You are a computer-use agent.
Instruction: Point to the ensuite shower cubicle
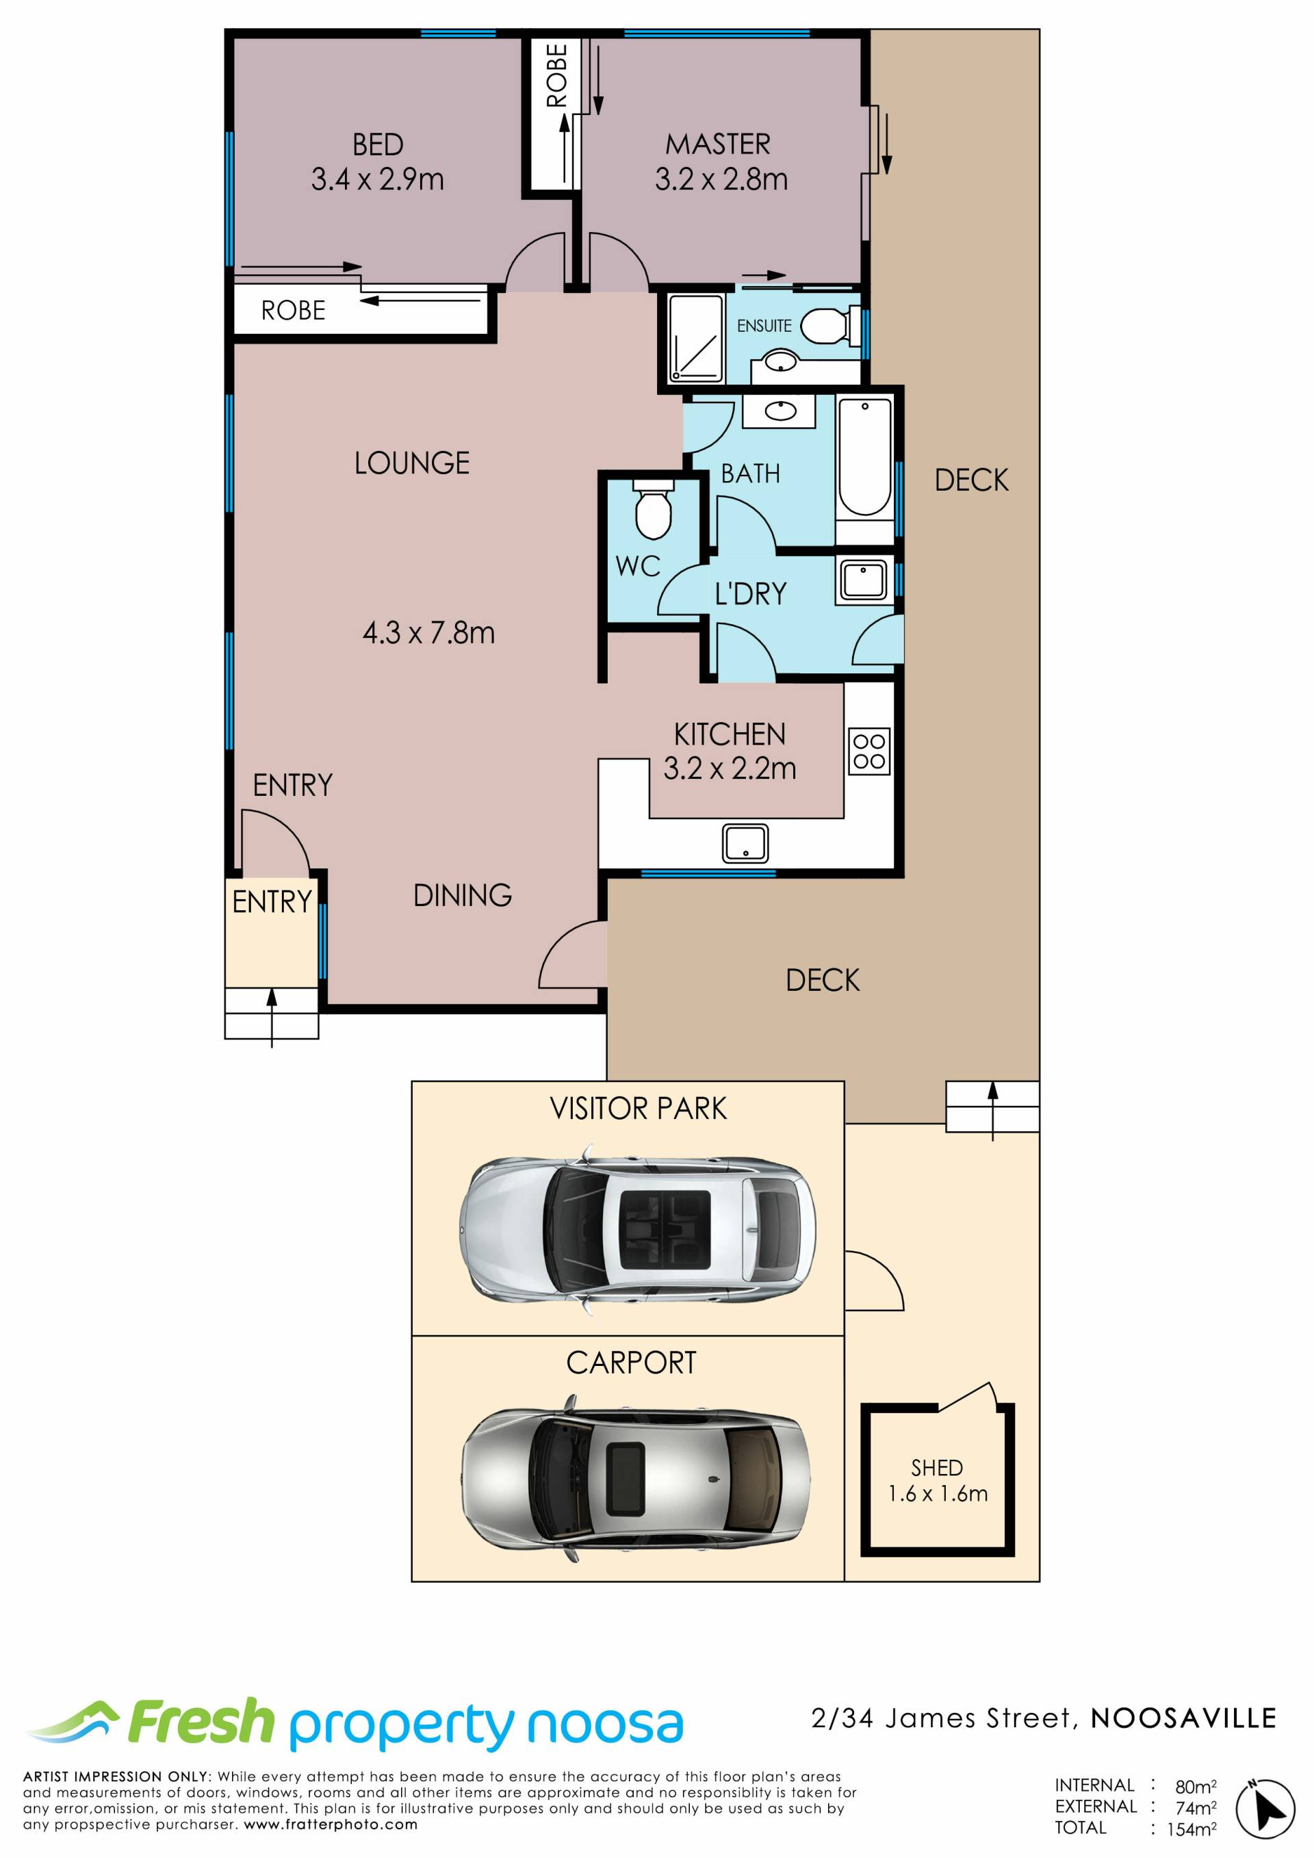(696, 337)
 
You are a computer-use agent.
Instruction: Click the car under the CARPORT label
(635, 1478)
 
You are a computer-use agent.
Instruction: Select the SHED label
(937, 1468)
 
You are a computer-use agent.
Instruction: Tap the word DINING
(462, 895)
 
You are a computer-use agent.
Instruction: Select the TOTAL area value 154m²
(1191, 1828)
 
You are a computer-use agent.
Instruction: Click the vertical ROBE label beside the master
(556, 75)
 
